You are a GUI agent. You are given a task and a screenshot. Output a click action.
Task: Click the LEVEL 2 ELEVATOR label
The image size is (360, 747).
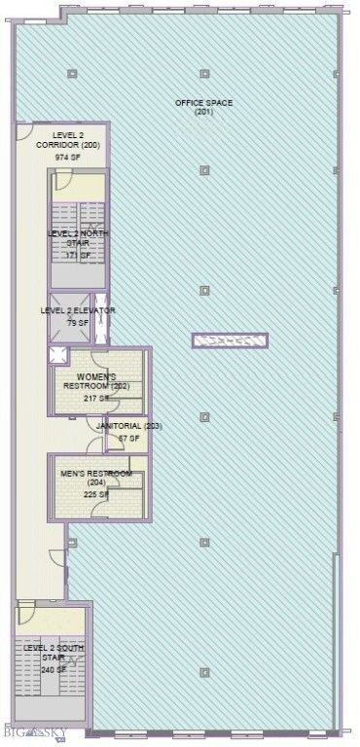tap(78, 310)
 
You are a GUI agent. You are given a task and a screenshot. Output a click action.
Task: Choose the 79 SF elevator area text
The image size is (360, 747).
tap(78, 322)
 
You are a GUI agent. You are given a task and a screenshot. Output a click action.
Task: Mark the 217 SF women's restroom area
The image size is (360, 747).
tap(96, 398)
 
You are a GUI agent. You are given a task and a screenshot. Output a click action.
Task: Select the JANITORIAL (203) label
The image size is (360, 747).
tap(128, 426)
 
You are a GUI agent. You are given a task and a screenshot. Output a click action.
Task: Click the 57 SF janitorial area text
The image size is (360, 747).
tap(128, 439)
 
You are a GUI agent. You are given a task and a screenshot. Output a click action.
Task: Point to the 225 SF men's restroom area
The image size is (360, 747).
tap(96, 494)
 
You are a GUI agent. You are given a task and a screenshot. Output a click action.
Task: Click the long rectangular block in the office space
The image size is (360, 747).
tap(229, 340)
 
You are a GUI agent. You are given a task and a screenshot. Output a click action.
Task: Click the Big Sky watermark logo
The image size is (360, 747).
tap(39, 731)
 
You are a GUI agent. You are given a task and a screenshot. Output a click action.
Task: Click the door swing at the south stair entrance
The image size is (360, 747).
tap(25, 615)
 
